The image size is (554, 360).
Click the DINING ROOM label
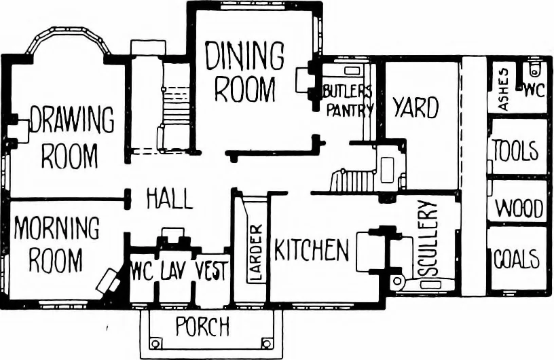[244, 72]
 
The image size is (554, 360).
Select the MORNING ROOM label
[56, 245]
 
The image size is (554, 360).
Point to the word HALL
[170, 199]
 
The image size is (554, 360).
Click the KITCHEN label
[312, 250]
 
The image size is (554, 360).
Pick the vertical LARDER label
[255, 253]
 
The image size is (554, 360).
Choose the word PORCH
[202, 326]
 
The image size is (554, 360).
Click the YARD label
[416, 107]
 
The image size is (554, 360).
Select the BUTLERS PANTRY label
[348, 101]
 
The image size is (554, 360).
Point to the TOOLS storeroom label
[515, 150]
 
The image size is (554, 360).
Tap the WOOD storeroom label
[519, 208]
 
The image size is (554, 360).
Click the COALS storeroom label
[517, 259]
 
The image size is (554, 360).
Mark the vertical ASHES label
[503, 90]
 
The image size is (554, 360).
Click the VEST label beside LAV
[212, 271]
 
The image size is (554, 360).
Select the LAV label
[172, 272]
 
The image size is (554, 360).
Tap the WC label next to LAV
[142, 272]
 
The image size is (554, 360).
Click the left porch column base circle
[154, 343]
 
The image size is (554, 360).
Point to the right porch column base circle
[267, 343]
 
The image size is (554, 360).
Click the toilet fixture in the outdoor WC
[536, 69]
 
